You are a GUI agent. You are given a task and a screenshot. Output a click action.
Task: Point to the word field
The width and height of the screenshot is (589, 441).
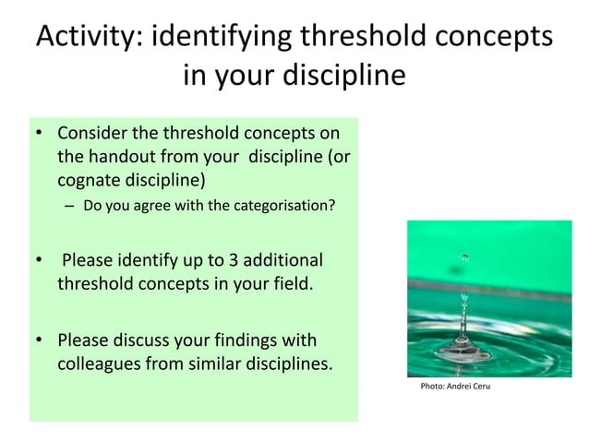(x=290, y=282)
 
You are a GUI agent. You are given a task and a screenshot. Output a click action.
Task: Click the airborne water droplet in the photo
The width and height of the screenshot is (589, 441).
(x=465, y=256)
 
